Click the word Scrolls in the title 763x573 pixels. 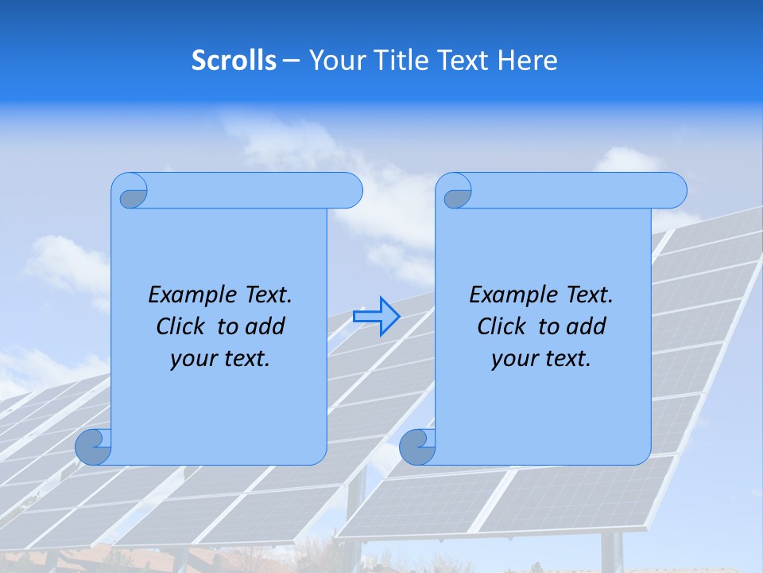(234, 60)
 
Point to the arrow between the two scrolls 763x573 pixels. (376, 316)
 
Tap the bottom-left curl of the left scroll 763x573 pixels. (93, 446)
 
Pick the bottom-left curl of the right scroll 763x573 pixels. (416, 446)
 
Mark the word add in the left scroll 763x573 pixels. (266, 326)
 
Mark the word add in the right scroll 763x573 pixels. (587, 326)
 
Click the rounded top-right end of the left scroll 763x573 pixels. (350, 190)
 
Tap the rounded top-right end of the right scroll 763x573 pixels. (674, 190)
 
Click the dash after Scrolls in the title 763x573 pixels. (292, 61)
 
